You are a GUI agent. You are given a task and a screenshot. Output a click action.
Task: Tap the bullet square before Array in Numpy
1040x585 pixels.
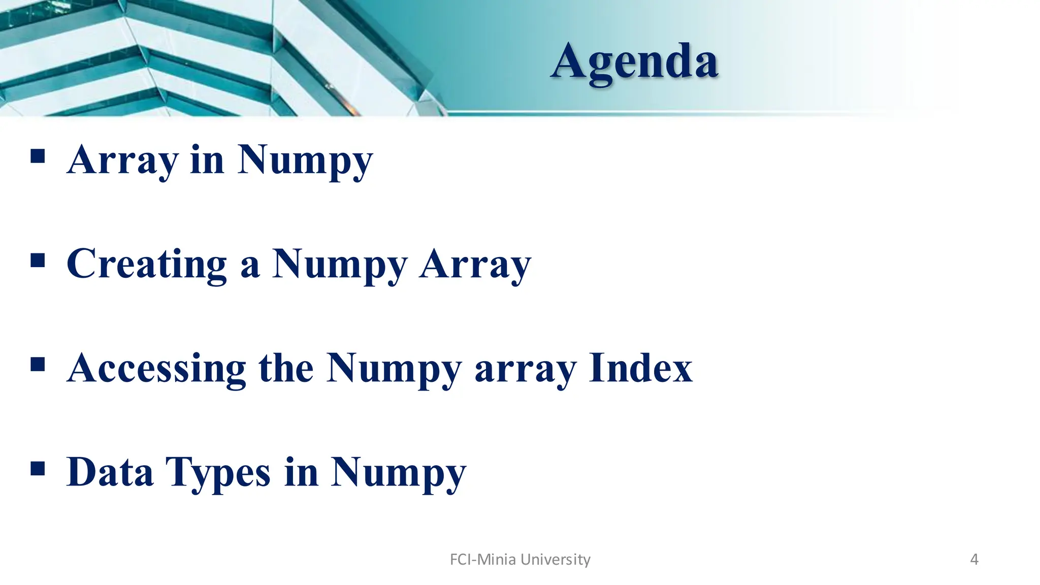point(38,156)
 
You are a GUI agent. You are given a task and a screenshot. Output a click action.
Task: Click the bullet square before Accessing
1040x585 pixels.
point(38,364)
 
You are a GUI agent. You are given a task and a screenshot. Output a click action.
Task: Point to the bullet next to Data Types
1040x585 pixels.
point(38,468)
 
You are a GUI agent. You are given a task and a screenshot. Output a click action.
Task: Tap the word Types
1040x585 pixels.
point(218,473)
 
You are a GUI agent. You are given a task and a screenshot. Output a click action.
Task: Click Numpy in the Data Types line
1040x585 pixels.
point(398,473)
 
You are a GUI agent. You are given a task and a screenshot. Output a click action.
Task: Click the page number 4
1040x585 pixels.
point(974,559)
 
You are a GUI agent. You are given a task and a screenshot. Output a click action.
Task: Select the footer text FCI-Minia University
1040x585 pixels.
point(520,559)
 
